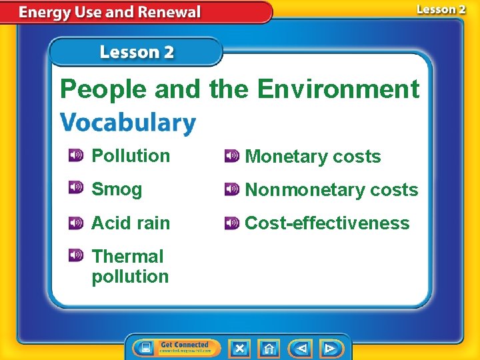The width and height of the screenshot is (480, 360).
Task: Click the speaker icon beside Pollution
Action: pyautogui.click(x=75, y=155)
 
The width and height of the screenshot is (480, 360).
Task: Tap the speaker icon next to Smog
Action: pyautogui.click(x=75, y=189)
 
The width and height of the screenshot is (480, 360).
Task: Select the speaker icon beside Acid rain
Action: pyautogui.click(x=75, y=222)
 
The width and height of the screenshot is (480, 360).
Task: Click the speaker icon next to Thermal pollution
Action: pyautogui.click(x=75, y=255)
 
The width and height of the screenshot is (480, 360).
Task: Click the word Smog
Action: pyautogui.click(x=117, y=189)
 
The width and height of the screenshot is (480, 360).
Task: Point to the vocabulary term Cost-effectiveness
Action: pyautogui.click(x=327, y=223)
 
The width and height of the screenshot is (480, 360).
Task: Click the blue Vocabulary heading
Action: pyautogui.click(x=128, y=123)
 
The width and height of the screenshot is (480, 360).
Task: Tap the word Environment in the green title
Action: pyautogui.click(x=338, y=89)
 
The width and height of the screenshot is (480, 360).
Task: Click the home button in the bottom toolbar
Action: pyautogui.click(x=269, y=348)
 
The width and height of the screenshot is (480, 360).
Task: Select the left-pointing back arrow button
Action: pyautogui.click(x=301, y=348)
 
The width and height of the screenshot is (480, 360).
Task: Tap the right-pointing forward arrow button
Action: pyautogui.click(x=329, y=348)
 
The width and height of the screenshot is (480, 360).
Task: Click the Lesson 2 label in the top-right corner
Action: pyautogui.click(x=441, y=9)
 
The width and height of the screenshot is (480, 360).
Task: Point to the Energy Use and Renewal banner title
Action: pyautogui.click(x=110, y=12)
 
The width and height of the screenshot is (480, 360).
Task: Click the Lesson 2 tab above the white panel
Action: pyautogui.click(x=136, y=52)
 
